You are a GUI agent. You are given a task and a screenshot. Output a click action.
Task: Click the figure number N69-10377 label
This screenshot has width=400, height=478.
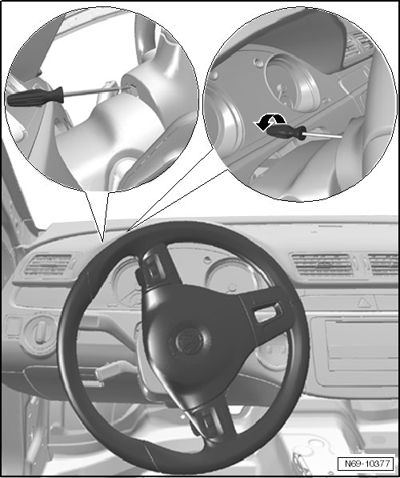[x=367, y=464]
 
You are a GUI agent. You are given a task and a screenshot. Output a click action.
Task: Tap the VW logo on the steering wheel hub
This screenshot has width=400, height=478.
[x=189, y=340]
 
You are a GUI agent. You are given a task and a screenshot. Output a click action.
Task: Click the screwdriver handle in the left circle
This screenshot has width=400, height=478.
[x=35, y=97]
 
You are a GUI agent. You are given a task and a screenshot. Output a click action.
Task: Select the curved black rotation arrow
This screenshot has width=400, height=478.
[x=270, y=121]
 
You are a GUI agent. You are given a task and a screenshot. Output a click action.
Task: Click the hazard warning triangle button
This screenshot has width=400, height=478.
[x=363, y=303]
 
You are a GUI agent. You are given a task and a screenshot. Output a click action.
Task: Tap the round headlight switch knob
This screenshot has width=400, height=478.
[x=40, y=335]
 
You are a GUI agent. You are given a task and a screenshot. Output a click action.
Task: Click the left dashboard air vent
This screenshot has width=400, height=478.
[x=48, y=264]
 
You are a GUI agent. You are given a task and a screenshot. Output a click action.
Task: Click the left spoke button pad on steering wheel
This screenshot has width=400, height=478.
[x=154, y=270]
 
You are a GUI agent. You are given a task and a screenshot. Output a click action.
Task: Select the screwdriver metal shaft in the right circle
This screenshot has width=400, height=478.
[x=323, y=135]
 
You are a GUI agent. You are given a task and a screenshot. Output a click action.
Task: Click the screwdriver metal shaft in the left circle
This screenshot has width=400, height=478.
[x=97, y=90]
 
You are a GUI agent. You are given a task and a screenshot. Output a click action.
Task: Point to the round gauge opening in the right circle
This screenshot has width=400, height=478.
[x=292, y=82]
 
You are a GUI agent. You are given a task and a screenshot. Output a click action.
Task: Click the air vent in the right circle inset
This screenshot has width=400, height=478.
[x=359, y=46]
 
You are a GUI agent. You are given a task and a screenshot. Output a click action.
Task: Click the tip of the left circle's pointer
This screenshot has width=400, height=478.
[x=103, y=243]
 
